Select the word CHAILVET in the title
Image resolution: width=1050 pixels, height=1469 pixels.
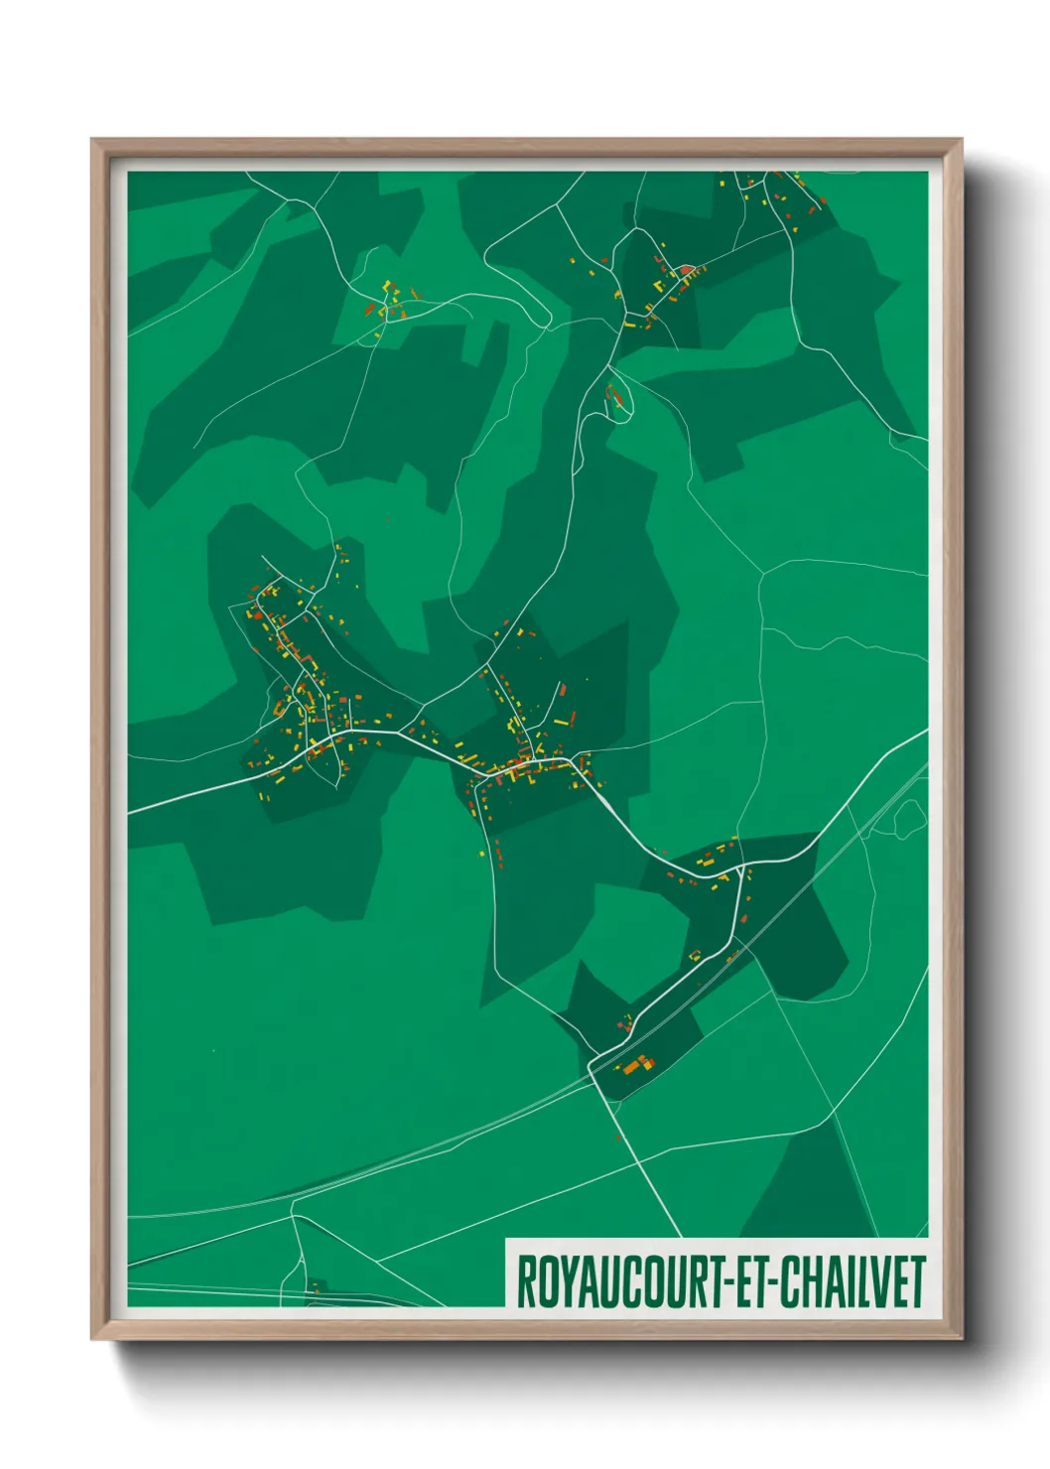(852, 1282)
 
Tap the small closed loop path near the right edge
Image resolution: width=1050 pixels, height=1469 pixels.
(909, 818)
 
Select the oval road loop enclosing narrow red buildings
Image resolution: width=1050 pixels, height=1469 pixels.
(617, 397)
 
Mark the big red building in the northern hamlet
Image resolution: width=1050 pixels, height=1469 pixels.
(685, 269)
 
